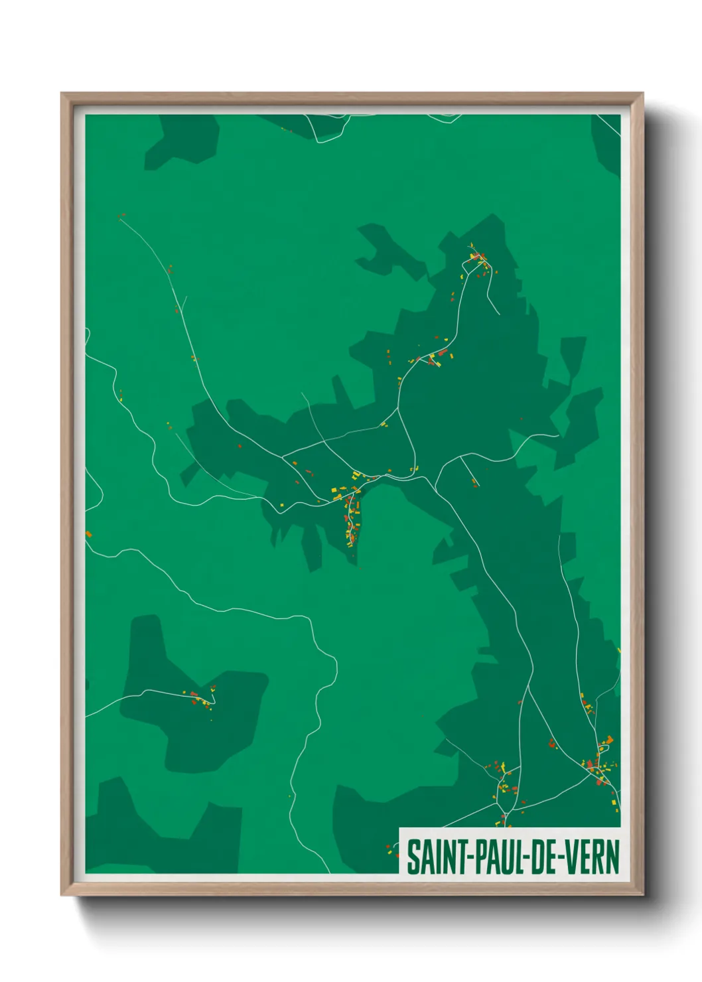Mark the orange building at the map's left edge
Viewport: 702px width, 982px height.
88,534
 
